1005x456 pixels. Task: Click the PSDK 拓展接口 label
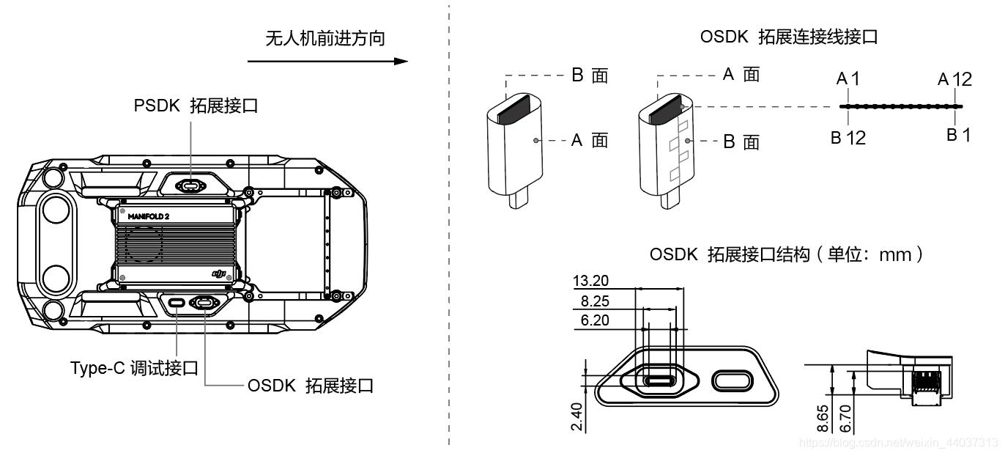click(x=196, y=105)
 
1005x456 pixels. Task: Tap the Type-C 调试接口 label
click(x=134, y=368)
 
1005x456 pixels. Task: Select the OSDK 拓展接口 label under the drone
click(x=310, y=385)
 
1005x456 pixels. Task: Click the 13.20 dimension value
click(x=591, y=281)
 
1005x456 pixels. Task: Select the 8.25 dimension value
click(x=594, y=301)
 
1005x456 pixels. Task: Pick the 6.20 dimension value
click(x=594, y=321)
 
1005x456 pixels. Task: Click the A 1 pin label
click(x=848, y=78)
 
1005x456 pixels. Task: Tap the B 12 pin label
click(x=848, y=136)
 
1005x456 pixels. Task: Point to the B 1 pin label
click(x=958, y=134)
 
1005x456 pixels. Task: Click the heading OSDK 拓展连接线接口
click(x=788, y=37)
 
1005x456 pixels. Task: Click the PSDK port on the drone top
click(x=192, y=185)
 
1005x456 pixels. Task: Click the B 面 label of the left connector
click(x=589, y=76)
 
